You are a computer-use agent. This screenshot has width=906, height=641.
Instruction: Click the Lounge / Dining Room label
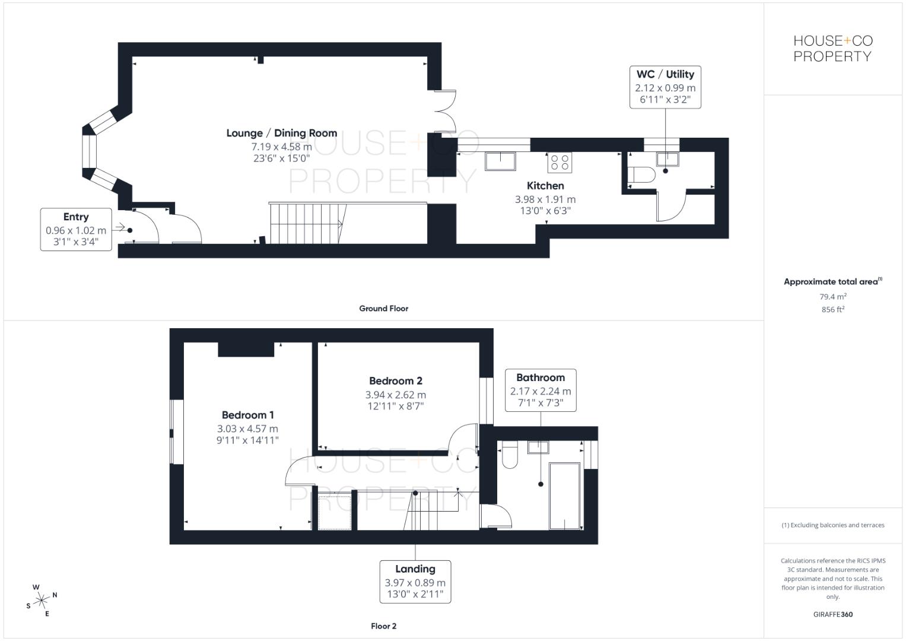click(x=281, y=133)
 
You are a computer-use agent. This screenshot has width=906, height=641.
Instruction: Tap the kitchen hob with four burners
click(x=560, y=162)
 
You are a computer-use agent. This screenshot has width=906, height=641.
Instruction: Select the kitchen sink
click(x=500, y=161)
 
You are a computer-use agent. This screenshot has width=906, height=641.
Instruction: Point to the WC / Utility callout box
click(x=665, y=87)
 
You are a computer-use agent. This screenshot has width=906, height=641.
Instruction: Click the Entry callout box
click(x=76, y=229)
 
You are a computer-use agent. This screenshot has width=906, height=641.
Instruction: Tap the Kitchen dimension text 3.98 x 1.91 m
click(x=545, y=199)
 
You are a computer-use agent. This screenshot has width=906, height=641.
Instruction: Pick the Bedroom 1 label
click(x=247, y=415)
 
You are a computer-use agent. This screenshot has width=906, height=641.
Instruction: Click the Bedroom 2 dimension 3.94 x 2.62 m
click(x=395, y=395)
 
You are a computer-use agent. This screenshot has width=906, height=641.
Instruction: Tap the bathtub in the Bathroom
click(x=564, y=496)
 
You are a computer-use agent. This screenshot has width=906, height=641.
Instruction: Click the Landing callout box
click(x=415, y=582)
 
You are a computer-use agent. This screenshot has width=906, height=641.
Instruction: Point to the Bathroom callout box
click(x=540, y=390)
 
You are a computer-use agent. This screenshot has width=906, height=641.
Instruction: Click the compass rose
click(x=42, y=601)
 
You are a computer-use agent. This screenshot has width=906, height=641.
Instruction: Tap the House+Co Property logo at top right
click(x=832, y=49)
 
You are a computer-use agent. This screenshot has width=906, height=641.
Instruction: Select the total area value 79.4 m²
click(x=832, y=297)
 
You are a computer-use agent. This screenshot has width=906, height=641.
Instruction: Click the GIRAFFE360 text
click(x=832, y=614)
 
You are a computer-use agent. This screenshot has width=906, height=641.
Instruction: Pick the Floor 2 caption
click(x=383, y=626)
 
